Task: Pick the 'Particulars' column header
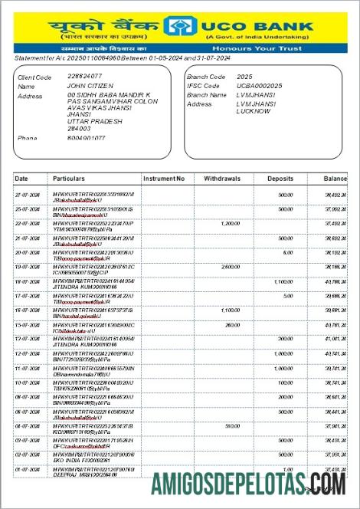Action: (x=68, y=179)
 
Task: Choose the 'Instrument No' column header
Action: (x=163, y=179)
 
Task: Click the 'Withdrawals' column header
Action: (x=222, y=179)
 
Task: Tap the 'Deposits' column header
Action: (x=280, y=179)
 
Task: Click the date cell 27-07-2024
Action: (x=28, y=195)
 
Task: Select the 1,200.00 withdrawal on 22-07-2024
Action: (x=231, y=223)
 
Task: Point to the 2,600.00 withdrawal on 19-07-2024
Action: (x=231, y=267)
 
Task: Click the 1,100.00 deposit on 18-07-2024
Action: (x=283, y=281)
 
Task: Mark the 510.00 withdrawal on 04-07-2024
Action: (x=233, y=426)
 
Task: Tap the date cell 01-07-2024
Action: (x=28, y=469)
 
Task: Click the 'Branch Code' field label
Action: (x=206, y=77)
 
